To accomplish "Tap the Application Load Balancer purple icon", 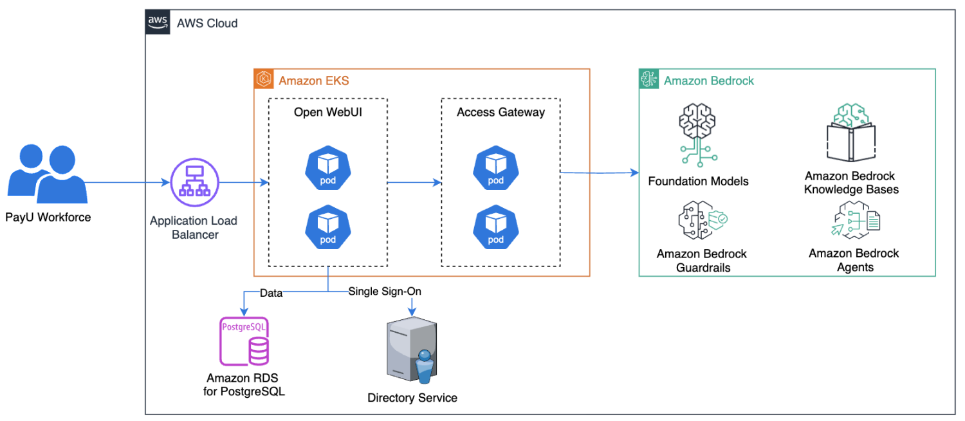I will coord(194,182).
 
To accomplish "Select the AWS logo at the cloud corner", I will coord(158,22).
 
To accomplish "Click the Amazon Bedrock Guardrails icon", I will coord(702,221).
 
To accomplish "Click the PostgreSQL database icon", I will coord(244,341).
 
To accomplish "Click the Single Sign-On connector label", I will coord(385,292).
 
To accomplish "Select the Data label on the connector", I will coord(271,292).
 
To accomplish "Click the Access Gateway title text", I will coord(501,112).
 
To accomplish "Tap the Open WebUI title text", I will coord(328,112).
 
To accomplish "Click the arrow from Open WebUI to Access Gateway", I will coord(414,183).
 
